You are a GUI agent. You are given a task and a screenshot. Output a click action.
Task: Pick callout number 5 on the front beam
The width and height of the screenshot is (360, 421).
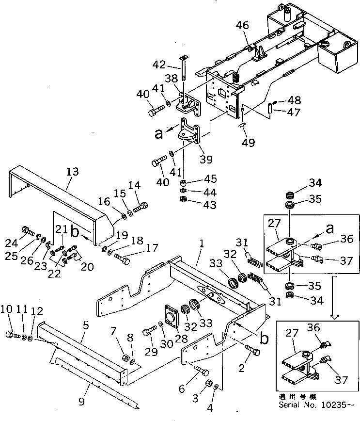(x=85, y=326)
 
